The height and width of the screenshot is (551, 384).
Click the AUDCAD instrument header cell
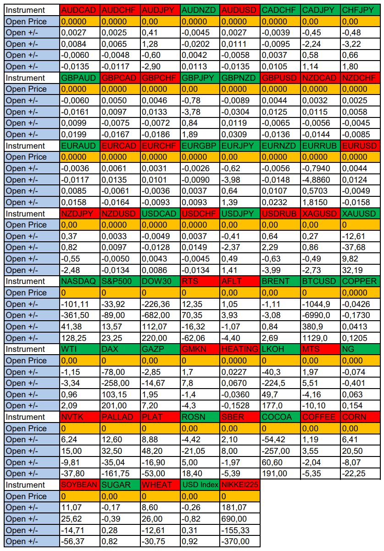click(x=80, y=10)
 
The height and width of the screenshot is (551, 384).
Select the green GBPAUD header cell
click(x=80, y=78)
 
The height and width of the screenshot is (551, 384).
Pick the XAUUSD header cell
click(x=361, y=214)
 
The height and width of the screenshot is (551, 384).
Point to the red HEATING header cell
click(x=240, y=349)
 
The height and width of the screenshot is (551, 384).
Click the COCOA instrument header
click(x=280, y=417)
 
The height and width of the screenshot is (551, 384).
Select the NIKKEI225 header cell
click(x=240, y=485)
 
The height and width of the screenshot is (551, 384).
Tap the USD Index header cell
click(x=200, y=485)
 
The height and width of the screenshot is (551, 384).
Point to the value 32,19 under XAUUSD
click(x=361, y=270)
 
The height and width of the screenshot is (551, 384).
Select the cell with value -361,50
click(x=80, y=315)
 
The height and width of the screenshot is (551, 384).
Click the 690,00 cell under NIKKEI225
click(x=240, y=519)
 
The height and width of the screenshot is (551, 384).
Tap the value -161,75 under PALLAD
click(x=120, y=473)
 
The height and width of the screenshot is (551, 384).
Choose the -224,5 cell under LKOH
click(x=280, y=383)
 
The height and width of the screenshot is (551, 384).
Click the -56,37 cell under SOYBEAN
click(x=80, y=541)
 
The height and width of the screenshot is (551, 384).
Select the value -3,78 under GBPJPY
click(x=200, y=112)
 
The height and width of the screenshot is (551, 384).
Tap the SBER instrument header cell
click(x=240, y=417)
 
